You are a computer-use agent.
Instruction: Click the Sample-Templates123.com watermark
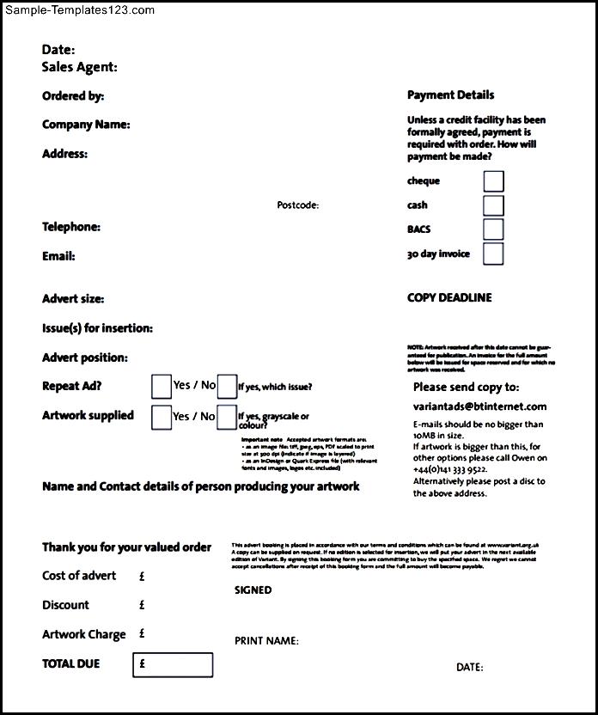click(x=79, y=10)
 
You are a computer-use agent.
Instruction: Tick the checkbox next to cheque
click(x=493, y=181)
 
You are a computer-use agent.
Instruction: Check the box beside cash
click(x=493, y=205)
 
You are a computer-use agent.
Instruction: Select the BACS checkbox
click(x=493, y=229)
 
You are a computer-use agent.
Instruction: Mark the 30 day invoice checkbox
click(x=493, y=254)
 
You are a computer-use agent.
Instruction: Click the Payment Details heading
click(x=450, y=95)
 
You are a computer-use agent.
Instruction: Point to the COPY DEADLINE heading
click(x=449, y=298)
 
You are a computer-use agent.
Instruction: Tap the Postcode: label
click(x=297, y=205)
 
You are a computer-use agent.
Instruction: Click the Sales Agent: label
click(x=79, y=67)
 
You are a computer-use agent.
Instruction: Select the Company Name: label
click(x=86, y=125)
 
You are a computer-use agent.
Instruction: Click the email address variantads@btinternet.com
click(x=479, y=406)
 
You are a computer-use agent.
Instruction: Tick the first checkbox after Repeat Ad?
click(x=161, y=387)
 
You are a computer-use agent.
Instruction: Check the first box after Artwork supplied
click(x=161, y=417)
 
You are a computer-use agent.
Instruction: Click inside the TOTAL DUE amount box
click(x=173, y=664)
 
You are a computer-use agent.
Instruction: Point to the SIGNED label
click(x=253, y=590)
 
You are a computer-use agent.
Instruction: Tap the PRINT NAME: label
click(x=266, y=641)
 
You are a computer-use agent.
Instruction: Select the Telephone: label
click(x=71, y=227)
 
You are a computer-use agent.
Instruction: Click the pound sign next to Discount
click(x=142, y=605)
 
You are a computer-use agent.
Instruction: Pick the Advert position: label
click(x=84, y=357)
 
